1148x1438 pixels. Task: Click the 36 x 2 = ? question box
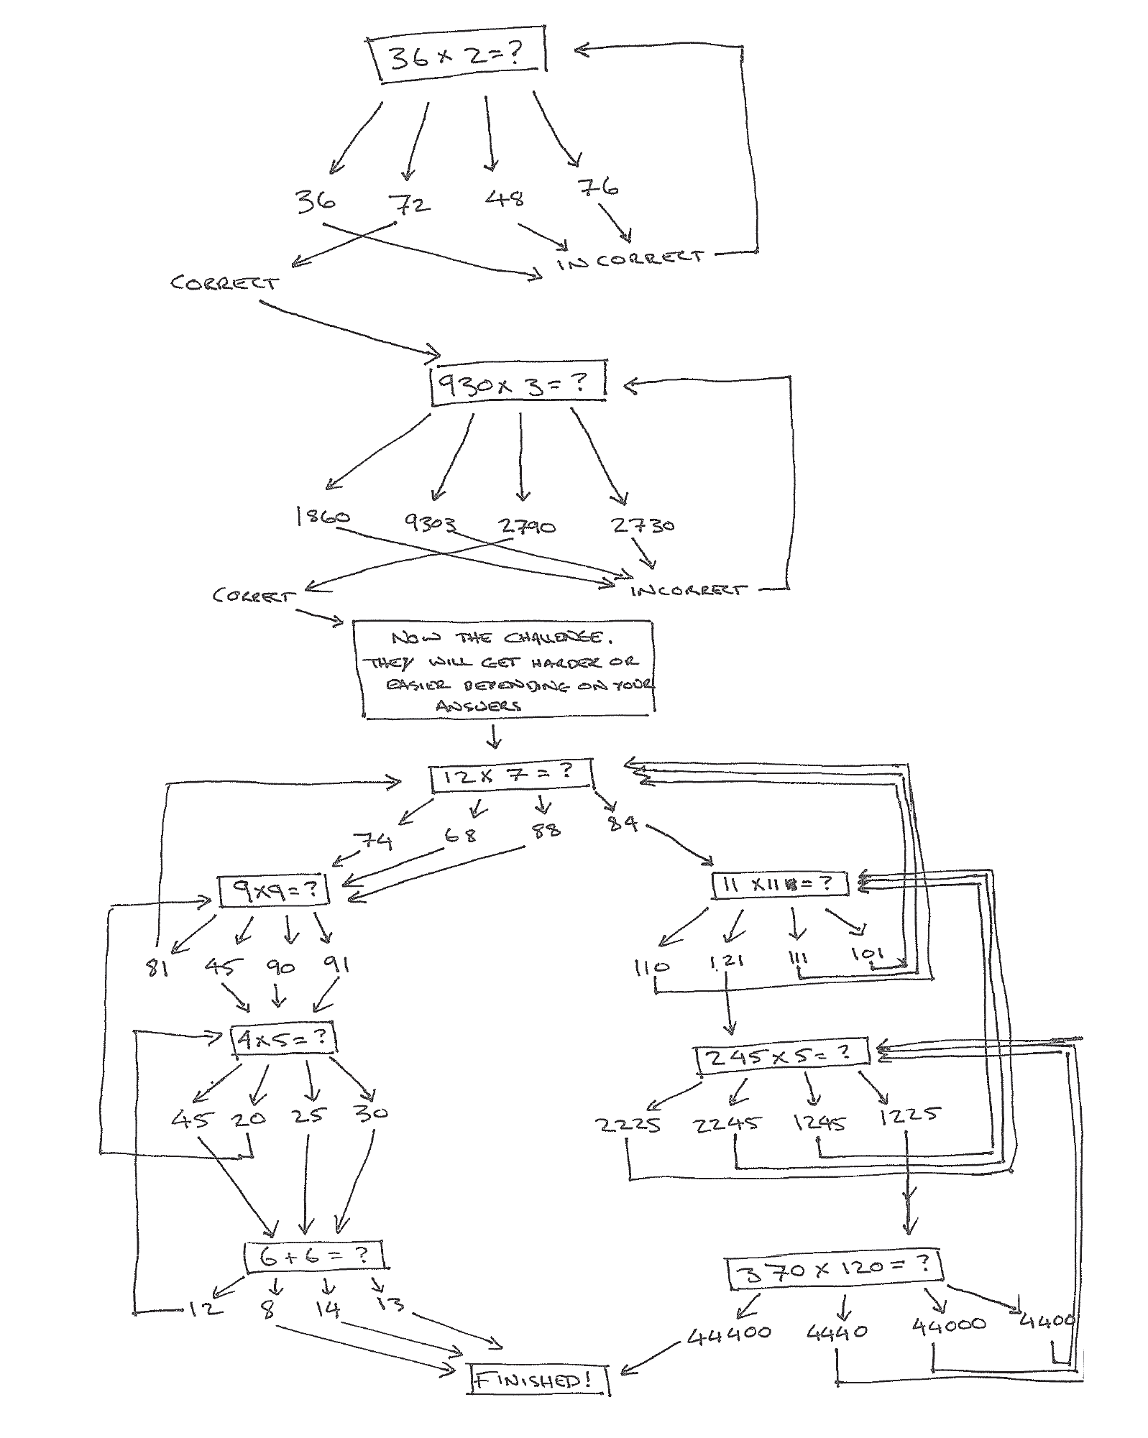458,57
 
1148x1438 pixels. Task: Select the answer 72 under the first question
411,205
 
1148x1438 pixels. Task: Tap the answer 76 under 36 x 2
597,188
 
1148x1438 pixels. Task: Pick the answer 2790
528,527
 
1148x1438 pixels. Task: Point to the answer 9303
429,523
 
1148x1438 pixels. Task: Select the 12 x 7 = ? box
511,775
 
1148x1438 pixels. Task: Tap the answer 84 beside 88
623,822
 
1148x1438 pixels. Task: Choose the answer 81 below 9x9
157,968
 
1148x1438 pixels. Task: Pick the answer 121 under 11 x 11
727,961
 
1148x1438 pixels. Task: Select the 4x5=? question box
283,1039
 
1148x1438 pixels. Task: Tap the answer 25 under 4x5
308,1116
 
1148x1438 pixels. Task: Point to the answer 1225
909,1115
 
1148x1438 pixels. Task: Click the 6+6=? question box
314,1255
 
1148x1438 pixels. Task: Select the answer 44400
729,1334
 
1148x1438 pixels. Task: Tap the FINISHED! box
538,1379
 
